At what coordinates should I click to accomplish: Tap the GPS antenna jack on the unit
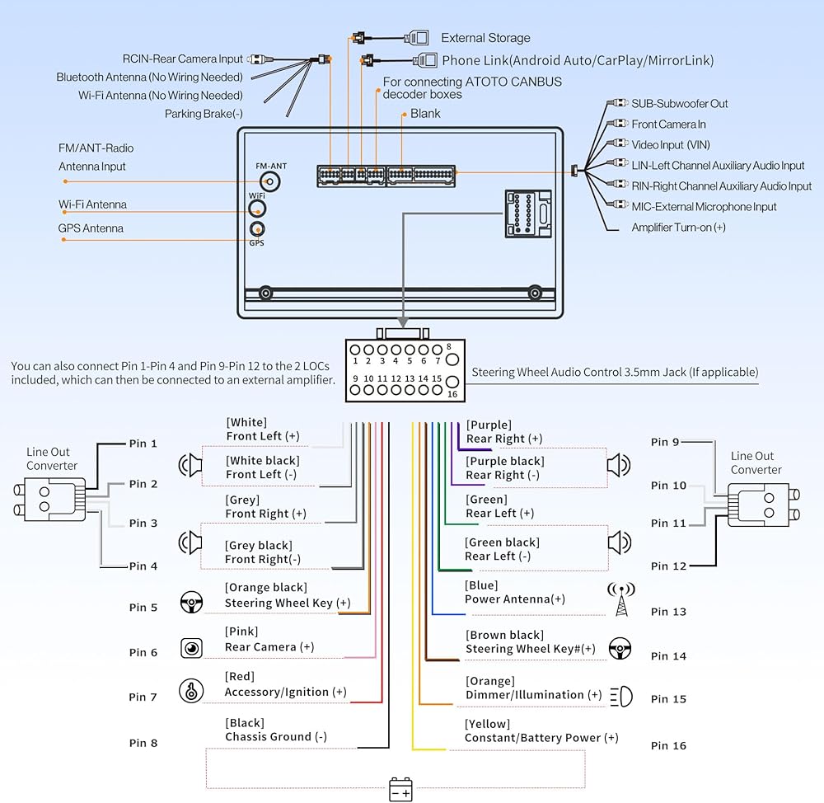[x=258, y=230]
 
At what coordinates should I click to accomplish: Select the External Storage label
[x=485, y=38]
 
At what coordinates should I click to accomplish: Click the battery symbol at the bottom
[x=400, y=790]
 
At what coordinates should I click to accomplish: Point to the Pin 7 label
[x=143, y=697]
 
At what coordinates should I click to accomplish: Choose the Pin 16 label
[x=668, y=746]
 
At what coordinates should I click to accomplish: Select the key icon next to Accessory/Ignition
[x=191, y=690]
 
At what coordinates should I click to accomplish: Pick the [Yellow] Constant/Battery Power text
[x=541, y=731]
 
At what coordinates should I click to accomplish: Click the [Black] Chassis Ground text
[x=275, y=730]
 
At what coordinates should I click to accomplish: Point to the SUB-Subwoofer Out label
[x=680, y=104]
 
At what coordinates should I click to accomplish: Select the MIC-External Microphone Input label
[x=704, y=207]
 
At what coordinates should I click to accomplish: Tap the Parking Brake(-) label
[x=204, y=114]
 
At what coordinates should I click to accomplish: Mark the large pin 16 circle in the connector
[x=452, y=381]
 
